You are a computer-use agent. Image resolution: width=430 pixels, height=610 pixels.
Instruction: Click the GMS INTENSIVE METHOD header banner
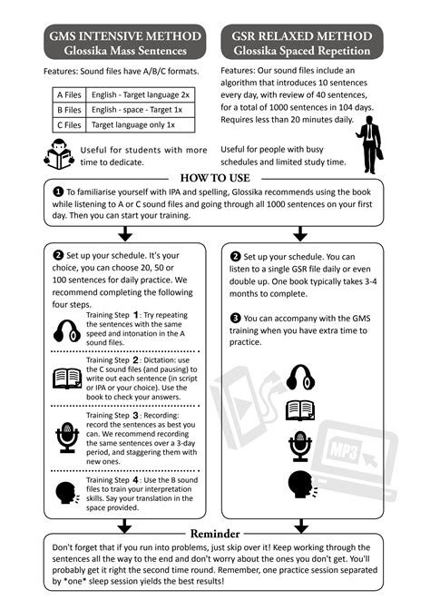[125, 42]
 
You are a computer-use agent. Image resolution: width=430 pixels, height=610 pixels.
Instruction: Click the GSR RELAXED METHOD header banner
[302, 42]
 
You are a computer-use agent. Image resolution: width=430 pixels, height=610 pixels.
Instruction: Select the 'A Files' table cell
[69, 95]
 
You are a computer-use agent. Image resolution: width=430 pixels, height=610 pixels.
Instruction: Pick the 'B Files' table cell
[69, 110]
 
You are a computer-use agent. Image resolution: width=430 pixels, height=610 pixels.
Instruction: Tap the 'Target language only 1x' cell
[141, 125]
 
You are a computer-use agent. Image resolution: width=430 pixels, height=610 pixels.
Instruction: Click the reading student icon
[59, 154]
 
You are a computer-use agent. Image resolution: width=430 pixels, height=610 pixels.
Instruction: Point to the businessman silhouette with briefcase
[369, 144]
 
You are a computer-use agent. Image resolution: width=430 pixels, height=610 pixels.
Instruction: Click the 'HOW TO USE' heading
[215, 178]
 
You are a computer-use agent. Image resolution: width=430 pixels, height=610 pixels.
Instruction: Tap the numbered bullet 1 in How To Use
[57, 192]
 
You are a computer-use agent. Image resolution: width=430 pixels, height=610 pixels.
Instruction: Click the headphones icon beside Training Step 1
[67, 331]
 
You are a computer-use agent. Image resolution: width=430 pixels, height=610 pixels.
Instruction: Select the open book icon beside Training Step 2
[67, 379]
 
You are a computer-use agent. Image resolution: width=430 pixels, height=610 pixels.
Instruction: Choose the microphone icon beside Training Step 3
[67, 438]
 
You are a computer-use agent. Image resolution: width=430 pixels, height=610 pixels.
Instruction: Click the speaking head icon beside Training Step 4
[67, 493]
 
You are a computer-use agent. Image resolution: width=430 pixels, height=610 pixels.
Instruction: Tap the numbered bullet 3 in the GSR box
[235, 319]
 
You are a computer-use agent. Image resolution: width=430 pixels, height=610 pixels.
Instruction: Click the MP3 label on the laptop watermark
[344, 451]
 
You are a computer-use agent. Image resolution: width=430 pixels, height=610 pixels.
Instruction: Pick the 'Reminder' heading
[215, 534]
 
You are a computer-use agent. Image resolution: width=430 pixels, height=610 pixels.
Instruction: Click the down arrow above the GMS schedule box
[125, 234]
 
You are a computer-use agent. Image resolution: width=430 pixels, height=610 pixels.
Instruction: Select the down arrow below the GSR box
[301, 526]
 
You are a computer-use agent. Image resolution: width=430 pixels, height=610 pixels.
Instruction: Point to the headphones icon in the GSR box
[300, 377]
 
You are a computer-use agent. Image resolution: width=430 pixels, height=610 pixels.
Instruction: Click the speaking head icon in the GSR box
[302, 485]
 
